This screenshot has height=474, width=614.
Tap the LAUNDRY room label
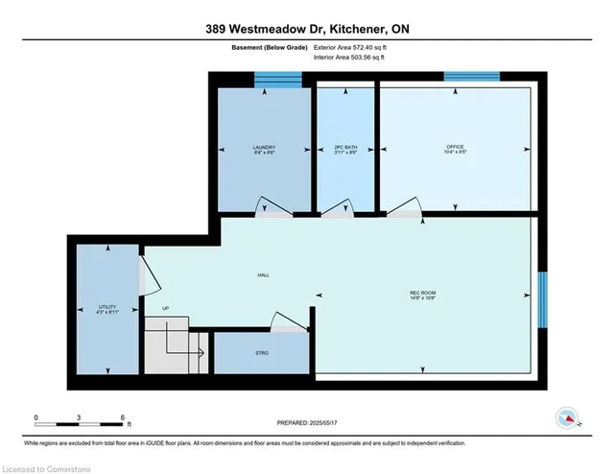pos(264,147)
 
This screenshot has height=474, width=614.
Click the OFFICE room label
pos(455,147)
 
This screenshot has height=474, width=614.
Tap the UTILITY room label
pos(106,309)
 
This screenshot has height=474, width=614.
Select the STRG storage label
pos(262,353)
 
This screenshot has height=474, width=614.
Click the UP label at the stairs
pos(165,309)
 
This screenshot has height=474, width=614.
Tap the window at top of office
pos(471,76)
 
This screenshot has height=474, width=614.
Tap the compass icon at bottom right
pos(568,418)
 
